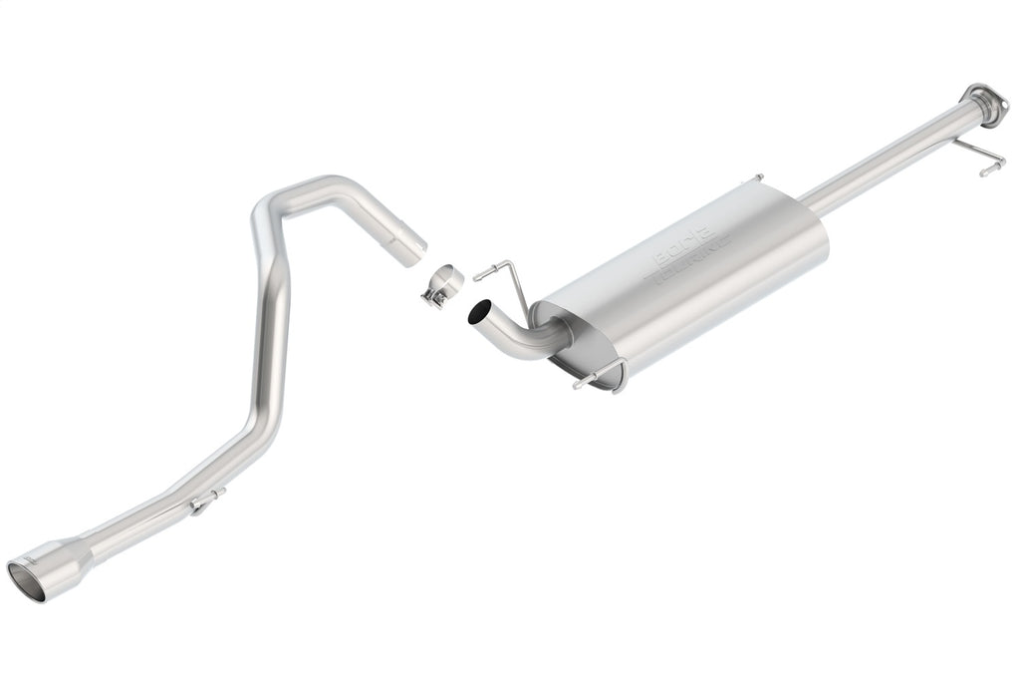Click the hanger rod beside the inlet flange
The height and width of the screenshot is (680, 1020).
pos(977,158)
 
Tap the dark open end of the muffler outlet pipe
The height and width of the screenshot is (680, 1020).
pos(479,313)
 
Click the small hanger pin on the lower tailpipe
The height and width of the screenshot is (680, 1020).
pos(207,500)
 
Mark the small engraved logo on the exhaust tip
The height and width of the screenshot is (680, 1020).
pos(40,565)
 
